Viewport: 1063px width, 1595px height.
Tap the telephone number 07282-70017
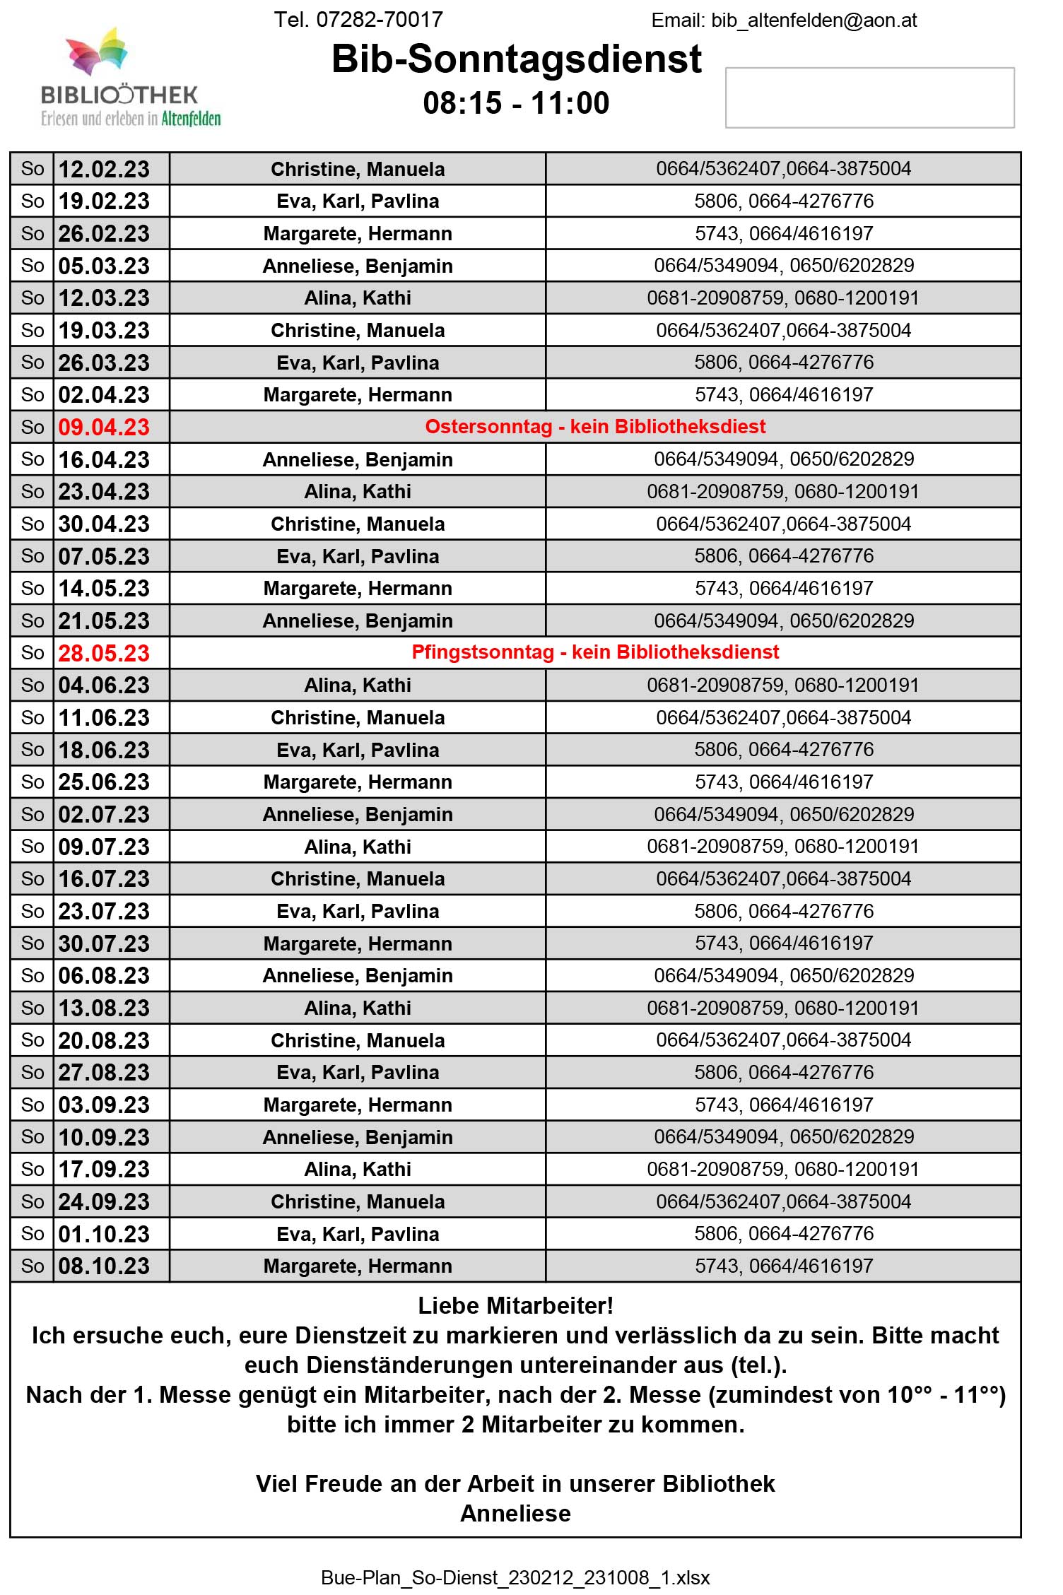click(x=379, y=20)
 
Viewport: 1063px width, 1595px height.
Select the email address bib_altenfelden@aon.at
click(x=814, y=20)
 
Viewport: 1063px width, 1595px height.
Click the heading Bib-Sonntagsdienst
click(x=516, y=59)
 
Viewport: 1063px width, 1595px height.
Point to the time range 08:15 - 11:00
click(x=516, y=103)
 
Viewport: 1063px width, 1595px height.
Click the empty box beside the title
click(x=869, y=98)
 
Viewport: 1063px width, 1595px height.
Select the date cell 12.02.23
click(x=104, y=169)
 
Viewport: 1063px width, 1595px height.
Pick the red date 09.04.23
click(x=104, y=427)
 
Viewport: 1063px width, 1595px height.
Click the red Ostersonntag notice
click(x=595, y=427)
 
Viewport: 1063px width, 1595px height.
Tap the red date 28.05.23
click(x=104, y=653)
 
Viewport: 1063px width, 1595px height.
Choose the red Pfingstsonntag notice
click(x=595, y=652)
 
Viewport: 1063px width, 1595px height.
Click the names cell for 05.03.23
click(x=358, y=266)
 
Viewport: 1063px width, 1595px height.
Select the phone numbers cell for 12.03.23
click(x=783, y=298)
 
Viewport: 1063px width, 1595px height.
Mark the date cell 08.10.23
click(x=104, y=1266)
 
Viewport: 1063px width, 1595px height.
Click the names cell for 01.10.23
click(x=358, y=1234)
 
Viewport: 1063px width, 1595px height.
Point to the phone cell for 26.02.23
click(x=783, y=233)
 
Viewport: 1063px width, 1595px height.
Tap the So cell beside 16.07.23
click(x=33, y=878)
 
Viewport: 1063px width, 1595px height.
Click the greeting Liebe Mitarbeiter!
click(x=515, y=1306)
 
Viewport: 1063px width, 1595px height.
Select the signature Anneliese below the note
click(x=515, y=1514)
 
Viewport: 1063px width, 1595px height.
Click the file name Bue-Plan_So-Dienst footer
click(x=515, y=1577)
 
